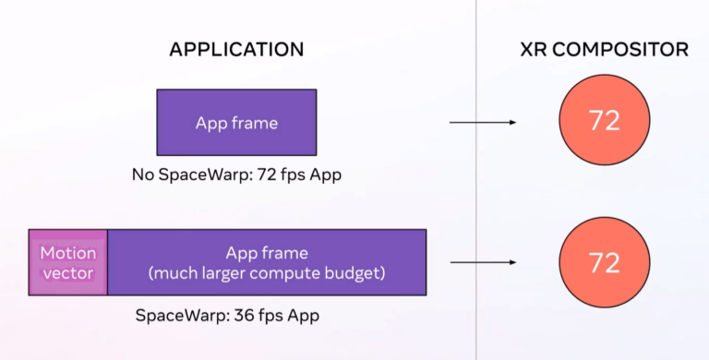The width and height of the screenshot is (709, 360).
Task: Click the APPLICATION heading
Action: pos(236,49)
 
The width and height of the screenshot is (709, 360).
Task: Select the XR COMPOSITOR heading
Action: pos(604,49)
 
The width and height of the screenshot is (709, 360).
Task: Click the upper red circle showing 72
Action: pos(604,122)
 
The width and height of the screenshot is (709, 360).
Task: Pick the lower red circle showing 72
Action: pos(604,263)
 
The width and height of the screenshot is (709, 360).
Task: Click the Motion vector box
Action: pos(68,262)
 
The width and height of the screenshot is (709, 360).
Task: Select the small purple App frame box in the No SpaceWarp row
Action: pos(236,122)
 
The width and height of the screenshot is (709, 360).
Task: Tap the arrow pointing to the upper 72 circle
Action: pos(482,122)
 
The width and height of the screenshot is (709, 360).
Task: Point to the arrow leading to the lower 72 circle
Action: pos(482,262)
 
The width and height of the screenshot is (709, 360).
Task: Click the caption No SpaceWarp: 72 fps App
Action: pos(236,174)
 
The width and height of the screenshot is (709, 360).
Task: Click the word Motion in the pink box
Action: pos(68,252)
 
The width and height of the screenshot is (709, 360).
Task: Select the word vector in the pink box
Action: pos(68,273)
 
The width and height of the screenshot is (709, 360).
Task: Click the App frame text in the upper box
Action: pos(236,122)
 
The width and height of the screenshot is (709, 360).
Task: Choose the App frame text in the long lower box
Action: pos(268,252)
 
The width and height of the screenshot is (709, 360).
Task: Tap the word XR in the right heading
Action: pos(532,49)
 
